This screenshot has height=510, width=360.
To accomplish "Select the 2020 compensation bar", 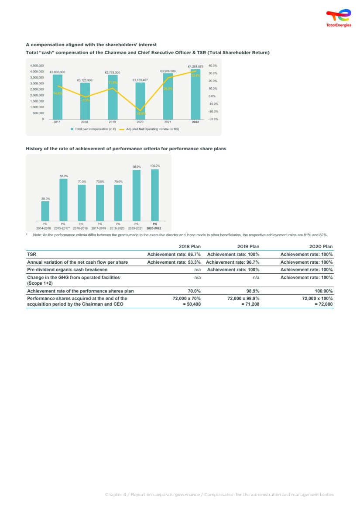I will click(140, 100).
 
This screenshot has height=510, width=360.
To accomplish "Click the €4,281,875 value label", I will click(195, 66).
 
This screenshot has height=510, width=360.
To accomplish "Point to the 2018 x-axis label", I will click(84, 122).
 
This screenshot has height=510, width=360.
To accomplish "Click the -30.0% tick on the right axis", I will click(213, 119).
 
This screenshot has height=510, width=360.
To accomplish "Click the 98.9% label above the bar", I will click(137, 167).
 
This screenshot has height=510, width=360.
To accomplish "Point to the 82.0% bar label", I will click(64, 176).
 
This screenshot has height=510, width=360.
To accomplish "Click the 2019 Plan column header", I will click(248, 246).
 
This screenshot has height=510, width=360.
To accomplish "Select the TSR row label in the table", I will click(32, 254).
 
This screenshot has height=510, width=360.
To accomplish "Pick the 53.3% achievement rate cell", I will click(174, 262).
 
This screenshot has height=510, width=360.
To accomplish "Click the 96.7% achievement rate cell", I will click(233, 262).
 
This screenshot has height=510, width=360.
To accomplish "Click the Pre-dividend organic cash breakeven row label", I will click(67, 270).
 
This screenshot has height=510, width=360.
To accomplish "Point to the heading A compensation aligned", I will click(91, 45).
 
